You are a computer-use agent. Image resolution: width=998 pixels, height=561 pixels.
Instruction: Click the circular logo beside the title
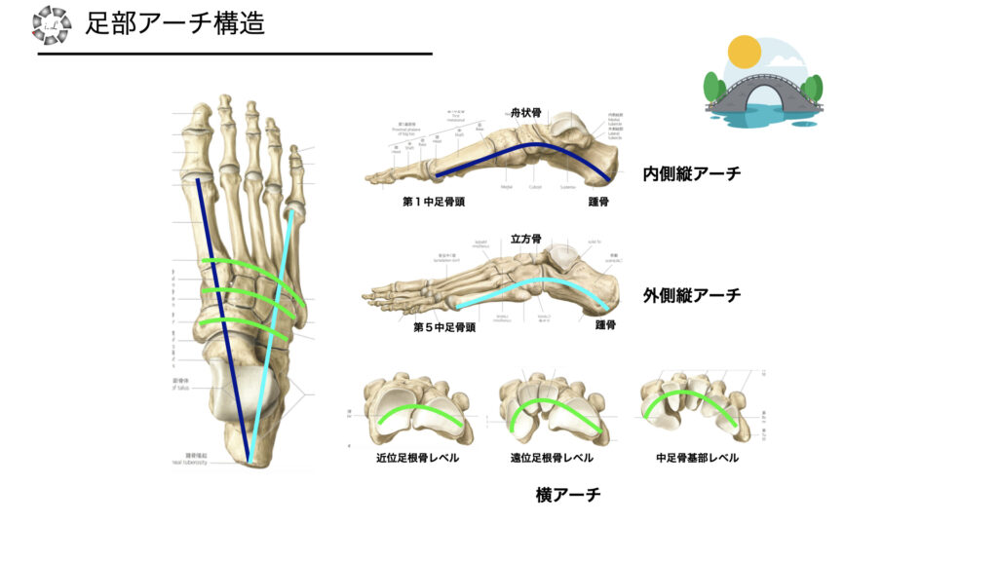51,24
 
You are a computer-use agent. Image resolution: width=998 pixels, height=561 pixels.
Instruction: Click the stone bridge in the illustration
763,93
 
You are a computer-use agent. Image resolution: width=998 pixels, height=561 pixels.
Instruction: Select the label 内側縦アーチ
691,174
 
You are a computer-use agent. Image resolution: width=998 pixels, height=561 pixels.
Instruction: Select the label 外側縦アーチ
691,294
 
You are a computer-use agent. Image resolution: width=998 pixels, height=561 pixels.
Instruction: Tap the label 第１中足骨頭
439,204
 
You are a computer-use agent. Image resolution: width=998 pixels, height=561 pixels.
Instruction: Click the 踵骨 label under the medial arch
598,204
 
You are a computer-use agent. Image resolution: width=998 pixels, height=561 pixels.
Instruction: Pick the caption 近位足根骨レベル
417,458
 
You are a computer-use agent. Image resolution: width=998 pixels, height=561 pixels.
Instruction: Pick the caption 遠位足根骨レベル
551,458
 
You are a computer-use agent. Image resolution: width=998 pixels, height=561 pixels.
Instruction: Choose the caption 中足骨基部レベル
697,458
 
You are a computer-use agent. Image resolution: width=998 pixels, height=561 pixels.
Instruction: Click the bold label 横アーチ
568,495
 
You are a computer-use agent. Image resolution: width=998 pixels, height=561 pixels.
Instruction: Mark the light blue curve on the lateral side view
546,282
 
